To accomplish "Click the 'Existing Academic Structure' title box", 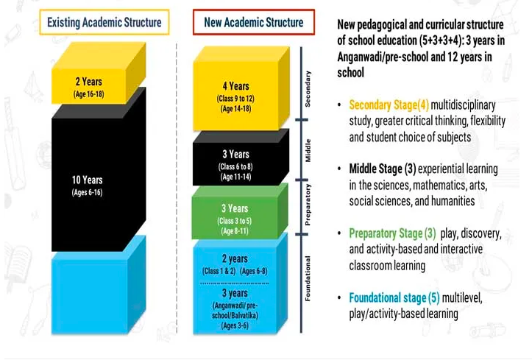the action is [104, 22].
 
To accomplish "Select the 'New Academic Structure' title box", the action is [254, 22].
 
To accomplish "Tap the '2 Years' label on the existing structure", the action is [88, 82].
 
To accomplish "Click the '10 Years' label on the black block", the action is [88, 180].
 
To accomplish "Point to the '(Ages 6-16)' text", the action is [88, 192].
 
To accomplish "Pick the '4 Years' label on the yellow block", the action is [235, 86].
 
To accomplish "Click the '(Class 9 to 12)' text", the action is [235, 99].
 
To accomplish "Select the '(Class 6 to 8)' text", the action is [235, 166].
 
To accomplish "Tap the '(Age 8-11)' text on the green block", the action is [235, 231].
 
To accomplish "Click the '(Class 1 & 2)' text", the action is [219, 271].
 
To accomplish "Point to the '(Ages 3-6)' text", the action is [235, 325].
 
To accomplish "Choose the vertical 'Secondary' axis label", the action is [308, 89].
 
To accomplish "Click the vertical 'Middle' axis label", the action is [308, 150].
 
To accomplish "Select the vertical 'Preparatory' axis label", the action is [308, 205].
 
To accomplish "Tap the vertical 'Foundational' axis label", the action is [308, 278].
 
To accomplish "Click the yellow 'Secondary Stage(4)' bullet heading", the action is [389, 105].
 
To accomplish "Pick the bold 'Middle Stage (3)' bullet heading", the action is [383, 169].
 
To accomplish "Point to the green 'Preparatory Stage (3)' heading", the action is [392, 233].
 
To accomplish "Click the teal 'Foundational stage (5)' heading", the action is [394, 298].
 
